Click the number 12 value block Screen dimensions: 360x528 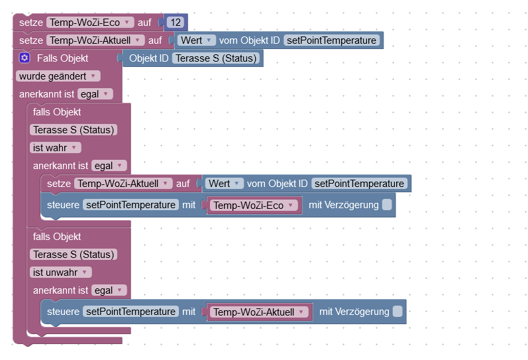176,23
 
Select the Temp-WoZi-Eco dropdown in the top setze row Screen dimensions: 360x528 89,23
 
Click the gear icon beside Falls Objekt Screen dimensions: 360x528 25,58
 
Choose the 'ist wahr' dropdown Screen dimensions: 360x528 56,147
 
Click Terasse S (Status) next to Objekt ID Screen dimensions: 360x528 215,58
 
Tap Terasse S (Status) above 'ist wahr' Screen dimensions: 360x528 74,130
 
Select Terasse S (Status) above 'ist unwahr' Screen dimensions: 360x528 74,255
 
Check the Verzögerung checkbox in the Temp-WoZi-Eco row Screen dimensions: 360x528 387,205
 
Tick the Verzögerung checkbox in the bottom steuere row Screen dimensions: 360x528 397,311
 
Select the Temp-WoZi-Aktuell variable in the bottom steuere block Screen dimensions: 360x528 259,312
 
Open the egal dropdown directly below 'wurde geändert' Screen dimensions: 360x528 95,94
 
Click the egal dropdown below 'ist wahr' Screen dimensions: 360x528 109,166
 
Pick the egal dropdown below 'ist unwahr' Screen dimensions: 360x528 109,290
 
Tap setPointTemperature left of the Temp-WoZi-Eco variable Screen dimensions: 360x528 131,205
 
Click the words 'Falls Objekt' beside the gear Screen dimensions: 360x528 62,58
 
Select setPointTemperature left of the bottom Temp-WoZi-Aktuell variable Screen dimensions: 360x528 131,311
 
